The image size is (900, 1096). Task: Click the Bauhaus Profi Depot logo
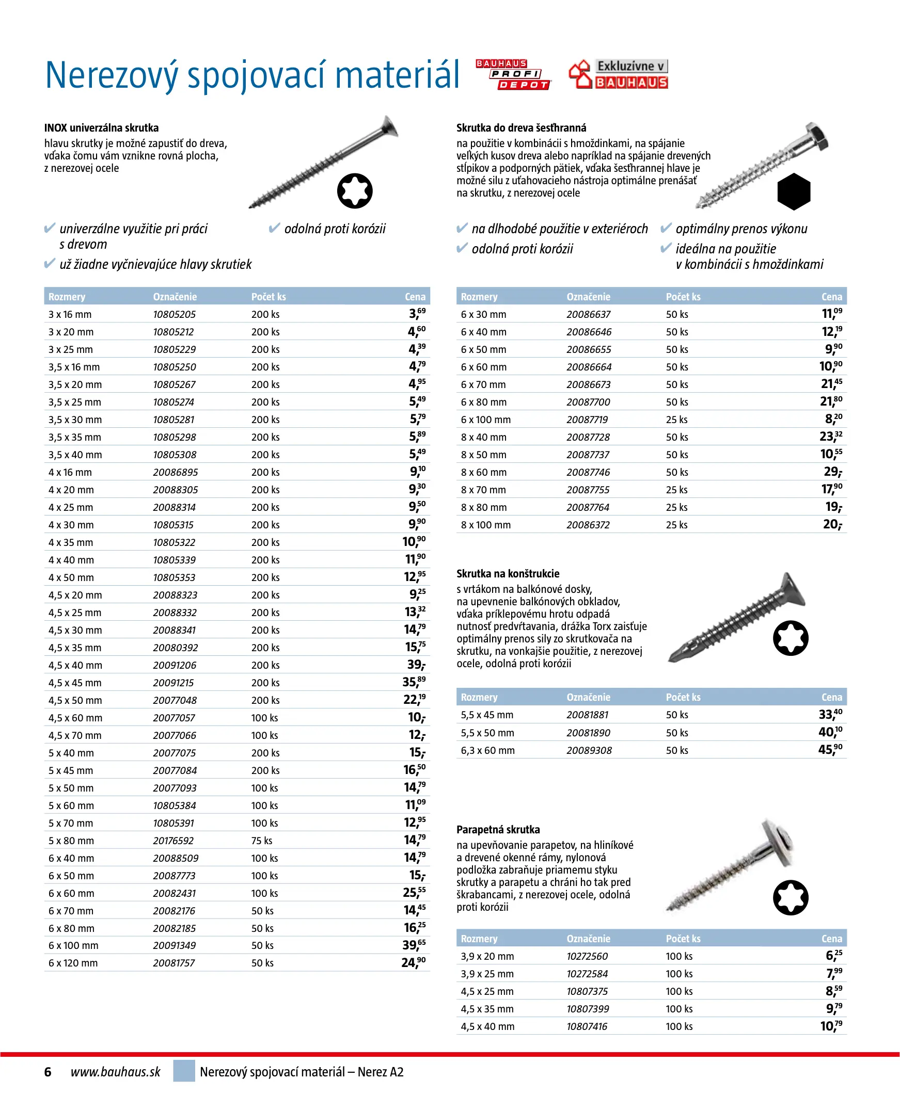(513, 75)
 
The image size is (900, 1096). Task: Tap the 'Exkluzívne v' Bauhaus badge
(618, 74)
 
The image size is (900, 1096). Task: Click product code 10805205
(174, 314)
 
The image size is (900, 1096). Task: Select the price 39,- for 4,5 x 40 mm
(416, 665)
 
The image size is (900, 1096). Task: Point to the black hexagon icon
(793, 191)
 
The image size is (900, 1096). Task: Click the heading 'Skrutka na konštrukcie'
(508, 573)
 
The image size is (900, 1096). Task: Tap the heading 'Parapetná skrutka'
(498, 829)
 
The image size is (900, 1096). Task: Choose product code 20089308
(589, 750)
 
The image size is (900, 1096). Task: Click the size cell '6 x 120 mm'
(73, 963)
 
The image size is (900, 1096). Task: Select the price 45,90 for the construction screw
(830, 749)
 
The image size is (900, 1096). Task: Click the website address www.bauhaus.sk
(115, 1072)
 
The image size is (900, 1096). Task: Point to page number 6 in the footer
(48, 1072)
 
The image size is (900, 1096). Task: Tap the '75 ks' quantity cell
(262, 841)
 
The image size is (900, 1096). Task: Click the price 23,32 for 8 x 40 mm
(830, 437)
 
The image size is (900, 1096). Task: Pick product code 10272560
(587, 956)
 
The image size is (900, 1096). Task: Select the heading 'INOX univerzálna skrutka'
(102, 128)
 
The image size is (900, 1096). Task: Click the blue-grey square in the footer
(184, 1071)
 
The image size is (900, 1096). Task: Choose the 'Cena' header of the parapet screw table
(831, 939)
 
